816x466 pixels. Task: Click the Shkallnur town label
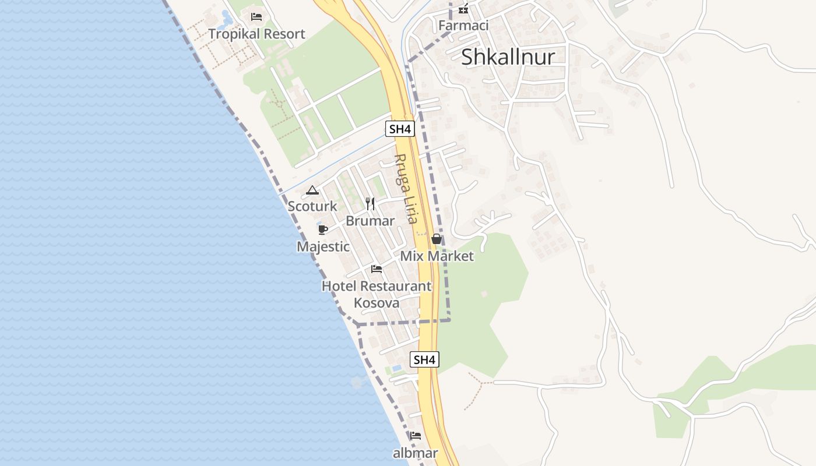pos(508,57)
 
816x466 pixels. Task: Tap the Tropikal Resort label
pos(256,34)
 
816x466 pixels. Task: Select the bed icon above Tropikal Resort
pos(256,16)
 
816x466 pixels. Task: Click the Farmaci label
pos(463,26)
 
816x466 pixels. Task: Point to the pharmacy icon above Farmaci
pos(463,9)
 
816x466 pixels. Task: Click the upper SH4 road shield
pos(400,129)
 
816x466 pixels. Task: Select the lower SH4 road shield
pos(424,359)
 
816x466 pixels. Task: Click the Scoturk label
pos(312,206)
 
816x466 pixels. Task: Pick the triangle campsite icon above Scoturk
pos(312,190)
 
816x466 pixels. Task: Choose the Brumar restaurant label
pos(370,221)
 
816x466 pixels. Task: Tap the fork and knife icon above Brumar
pos(370,203)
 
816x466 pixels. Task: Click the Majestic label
pos(323,246)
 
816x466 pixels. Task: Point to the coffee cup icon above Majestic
pos(323,230)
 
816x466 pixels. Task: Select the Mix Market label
pos(437,256)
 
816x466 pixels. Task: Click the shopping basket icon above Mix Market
pos(436,239)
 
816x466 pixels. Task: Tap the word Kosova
pos(377,303)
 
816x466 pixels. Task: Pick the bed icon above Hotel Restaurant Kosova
pos(377,269)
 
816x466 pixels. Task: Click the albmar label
pos(416,453)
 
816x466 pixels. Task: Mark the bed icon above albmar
pos(416,436)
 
